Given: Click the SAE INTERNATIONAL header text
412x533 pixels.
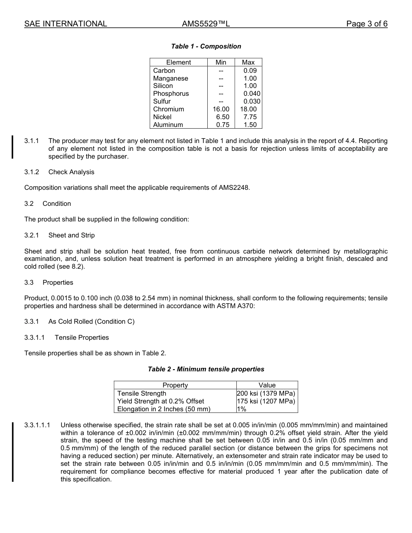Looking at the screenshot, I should [x=65, y=24].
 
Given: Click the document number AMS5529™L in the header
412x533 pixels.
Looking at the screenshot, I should [x=206, y=24].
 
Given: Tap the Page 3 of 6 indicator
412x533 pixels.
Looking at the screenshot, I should [x=366, y=24].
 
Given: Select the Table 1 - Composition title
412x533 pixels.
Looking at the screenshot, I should [x=206, y=46].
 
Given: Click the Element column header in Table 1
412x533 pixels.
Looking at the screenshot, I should [x=178, y=62].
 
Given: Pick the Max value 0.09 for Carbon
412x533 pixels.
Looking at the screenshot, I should [x=250, y=71].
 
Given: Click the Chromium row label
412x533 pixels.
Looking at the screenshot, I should [x=168, y=109].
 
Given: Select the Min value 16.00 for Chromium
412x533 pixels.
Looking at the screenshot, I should [x=221, y=109].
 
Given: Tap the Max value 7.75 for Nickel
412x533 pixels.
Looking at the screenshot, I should [x=250, y=117].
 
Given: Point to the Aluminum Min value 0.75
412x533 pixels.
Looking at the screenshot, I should [x=222, y=125].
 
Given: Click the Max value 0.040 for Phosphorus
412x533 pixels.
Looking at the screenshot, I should [x=252, y=94].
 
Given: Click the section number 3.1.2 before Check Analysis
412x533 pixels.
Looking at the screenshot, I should [x=32, y=172].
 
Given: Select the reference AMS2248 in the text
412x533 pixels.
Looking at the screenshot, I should [x=235, y=188].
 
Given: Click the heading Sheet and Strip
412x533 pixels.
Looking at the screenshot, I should [x=71, y=235].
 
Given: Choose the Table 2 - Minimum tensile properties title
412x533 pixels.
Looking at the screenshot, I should [x=206, y=369].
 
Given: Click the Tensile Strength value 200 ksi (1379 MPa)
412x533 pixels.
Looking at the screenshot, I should [x=266, y=393].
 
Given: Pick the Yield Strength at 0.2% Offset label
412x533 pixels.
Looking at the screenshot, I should [x=160, y=401].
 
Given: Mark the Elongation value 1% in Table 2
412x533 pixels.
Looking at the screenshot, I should [x=242, y=409].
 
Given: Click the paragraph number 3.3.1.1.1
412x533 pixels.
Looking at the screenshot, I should [x=37, y=425].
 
